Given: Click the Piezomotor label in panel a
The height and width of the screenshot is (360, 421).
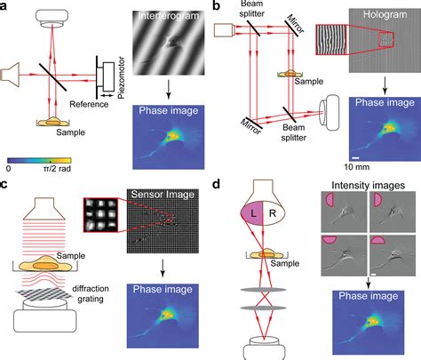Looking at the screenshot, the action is pyautogui.click(x=121, y=77).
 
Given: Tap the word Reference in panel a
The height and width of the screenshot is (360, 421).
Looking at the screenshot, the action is pyautogui.click(x=89, y=104).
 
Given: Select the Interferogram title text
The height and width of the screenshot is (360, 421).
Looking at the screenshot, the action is pyautogui.click(x=169, y=16).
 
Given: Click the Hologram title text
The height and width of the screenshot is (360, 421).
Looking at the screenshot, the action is pyautogui.click(x=385, y=14).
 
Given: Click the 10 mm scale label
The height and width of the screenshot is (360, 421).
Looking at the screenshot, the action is pyautogui.click(x=357, y=167).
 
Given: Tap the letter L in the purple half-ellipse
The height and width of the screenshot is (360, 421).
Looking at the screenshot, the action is pyautogui.click(x=253, y=213).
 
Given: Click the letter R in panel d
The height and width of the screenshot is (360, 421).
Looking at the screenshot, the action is pyautogui.click(x=273, y=213).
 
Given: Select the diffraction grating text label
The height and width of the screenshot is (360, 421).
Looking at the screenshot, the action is pyautogui.click(x=90, y=293).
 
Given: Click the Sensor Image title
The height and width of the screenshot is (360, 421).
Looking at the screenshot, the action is pyautogui.click(x=163, y=195).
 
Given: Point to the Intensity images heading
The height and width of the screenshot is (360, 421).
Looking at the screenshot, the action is pyautogui.click(x=368, y=186).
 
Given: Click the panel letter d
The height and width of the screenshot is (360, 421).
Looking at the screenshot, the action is pyautogui.click(x=217, y=184).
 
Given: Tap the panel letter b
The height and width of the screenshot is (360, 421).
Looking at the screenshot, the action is pyautogui.click(x=217, y=6).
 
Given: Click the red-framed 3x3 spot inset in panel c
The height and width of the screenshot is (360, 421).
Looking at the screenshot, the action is pyautogui.click(x=100, y=215).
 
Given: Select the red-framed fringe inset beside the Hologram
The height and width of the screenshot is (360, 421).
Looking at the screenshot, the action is pyautogui.click(x=331, y=40).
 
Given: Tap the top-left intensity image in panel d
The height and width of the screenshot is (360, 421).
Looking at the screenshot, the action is pyautogui.click(x=344, y=212).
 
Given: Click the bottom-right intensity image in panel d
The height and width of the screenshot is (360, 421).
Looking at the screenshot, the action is pyautogui.click(x=393, y=255).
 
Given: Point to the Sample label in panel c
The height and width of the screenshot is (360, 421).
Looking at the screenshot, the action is pyautogui.click(x=71, y=256).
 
